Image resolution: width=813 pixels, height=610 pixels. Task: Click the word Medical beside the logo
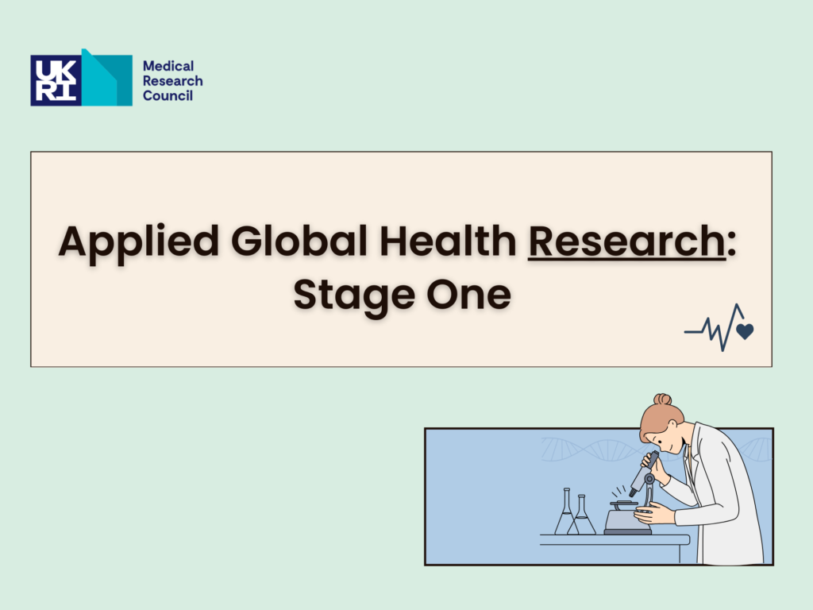coord(168,67)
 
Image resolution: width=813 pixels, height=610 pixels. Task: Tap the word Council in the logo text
coord(168,96)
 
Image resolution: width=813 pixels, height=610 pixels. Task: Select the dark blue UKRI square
coord(56,80)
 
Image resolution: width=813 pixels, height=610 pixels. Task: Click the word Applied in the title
coord(138,242)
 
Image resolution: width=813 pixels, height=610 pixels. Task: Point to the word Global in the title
coord(299,241)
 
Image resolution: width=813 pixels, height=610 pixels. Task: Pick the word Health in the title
coord(448,241)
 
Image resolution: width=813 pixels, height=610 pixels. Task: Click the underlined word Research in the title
coord(626,241)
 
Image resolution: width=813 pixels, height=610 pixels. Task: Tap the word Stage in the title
coord(353,295)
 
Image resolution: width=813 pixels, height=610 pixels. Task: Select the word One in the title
coord(468,295)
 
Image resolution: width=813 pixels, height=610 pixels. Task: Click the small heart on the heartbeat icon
coord(745,331)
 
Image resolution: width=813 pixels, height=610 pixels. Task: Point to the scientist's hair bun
coord(662,399)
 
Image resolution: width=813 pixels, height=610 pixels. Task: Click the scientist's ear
coord(672,425)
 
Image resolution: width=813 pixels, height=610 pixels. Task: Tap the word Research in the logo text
coord(172,82)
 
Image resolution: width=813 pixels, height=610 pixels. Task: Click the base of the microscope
coord(627,521)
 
